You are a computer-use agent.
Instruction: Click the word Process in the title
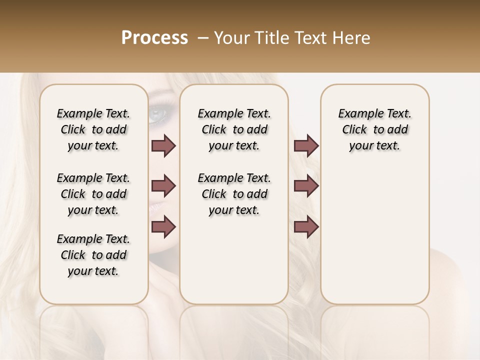point(154,38)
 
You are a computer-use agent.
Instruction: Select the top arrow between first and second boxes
point(163,146)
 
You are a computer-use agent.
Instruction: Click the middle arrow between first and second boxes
point(163,186)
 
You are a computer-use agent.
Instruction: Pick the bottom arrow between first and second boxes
point(163,227)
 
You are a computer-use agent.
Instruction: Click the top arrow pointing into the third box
point(306,146)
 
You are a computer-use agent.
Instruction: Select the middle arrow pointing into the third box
point(306,186)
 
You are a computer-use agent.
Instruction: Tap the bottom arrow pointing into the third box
point(306,227)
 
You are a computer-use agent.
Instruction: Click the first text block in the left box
point(93,129)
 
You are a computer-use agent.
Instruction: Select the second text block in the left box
point(93,194)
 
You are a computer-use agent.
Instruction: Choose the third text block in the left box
point(93,255)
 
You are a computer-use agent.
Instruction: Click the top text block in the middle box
point(234,129)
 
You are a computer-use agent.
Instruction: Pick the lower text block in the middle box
point(234,194)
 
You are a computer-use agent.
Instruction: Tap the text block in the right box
point(374,129)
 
